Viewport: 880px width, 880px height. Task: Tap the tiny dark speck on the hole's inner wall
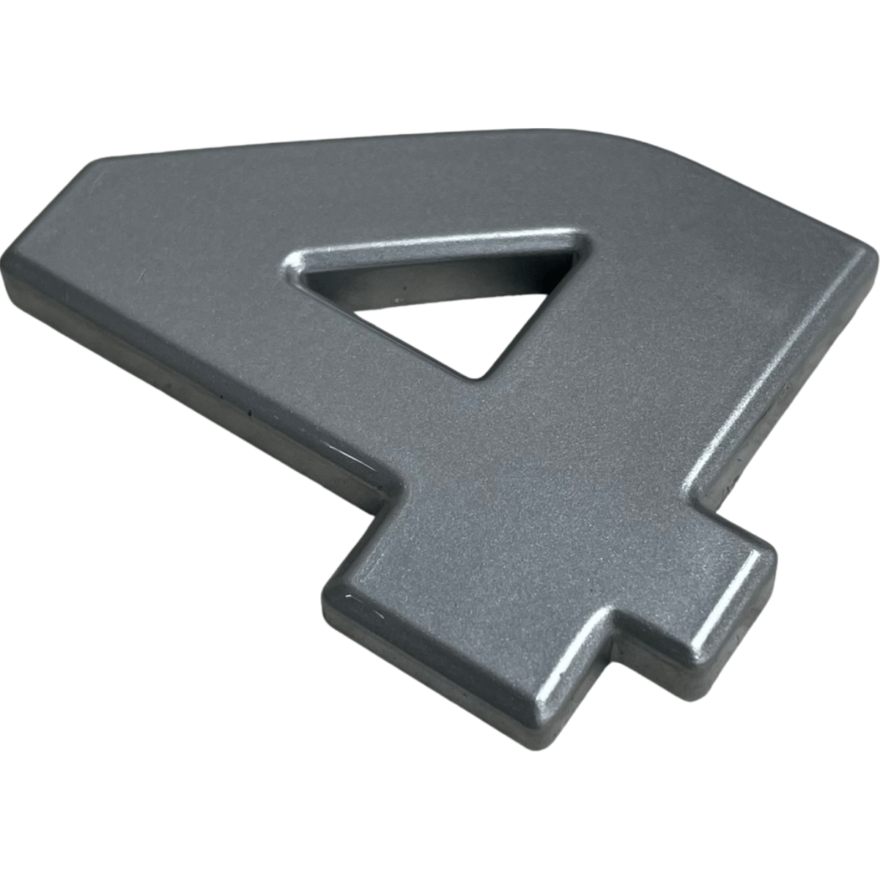click(x=404, y=289)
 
